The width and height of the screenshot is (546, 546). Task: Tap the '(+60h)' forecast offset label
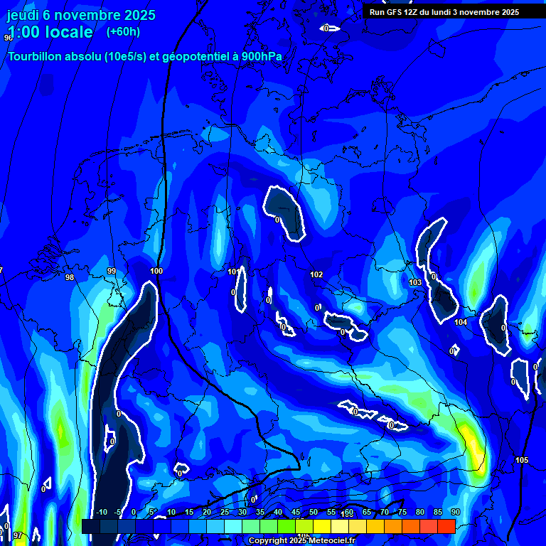coord(124,31)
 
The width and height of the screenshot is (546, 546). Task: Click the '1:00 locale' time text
coord(50,32)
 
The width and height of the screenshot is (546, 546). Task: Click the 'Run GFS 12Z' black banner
coord(444,12)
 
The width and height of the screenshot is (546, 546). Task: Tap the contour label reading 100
coord(156,271)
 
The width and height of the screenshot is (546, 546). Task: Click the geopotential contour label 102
coord(316,274)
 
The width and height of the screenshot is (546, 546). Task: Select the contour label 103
coord(415,282)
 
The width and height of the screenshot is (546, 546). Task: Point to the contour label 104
coord(461,322)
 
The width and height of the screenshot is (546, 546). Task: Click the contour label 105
coord(522,460)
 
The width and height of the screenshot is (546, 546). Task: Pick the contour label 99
coord(112,271)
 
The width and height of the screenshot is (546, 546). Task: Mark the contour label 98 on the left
coord(69,277)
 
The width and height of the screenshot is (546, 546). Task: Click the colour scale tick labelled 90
coord(455,512)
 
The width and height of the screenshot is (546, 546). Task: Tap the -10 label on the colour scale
coord(101,512)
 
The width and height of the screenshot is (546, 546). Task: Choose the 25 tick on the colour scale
coord(225,512)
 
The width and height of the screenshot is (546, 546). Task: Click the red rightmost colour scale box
coord(446,526)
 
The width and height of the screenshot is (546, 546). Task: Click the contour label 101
coord(233,272)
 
